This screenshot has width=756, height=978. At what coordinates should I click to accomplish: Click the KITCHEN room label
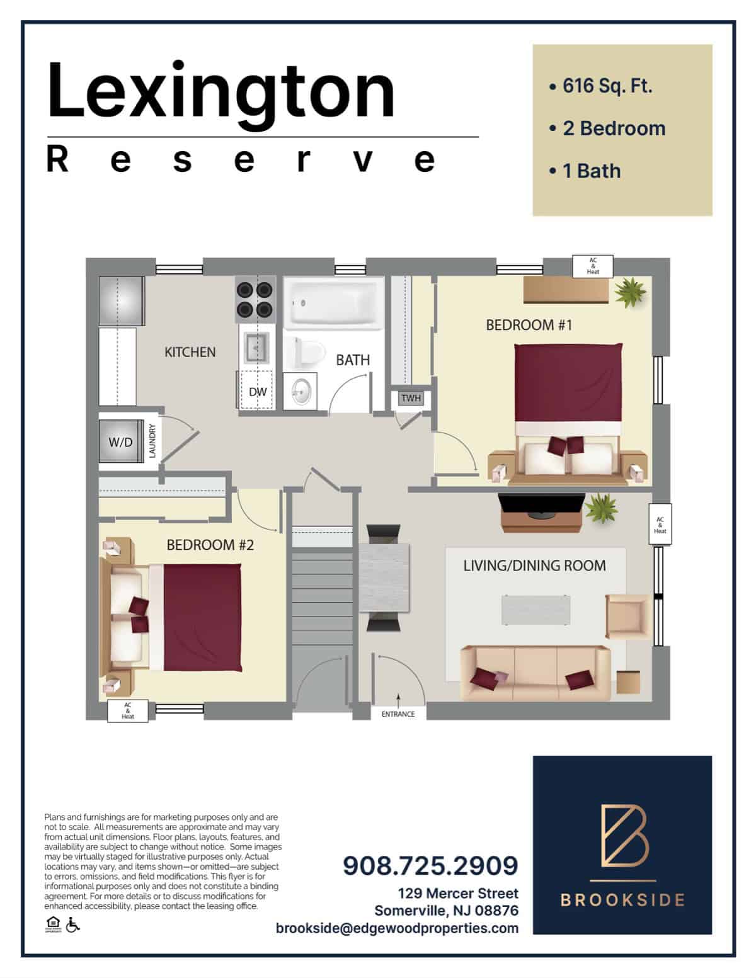pos(190,352)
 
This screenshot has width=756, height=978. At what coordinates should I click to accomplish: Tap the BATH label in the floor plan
pos(353,360)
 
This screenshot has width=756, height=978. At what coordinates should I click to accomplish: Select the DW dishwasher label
pos(258,392)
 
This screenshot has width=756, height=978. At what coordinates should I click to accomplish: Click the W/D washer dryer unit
pos(121,441)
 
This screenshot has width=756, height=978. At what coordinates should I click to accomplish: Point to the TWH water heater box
pos(411,398)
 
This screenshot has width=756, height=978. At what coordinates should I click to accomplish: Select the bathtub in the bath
pos(333,303)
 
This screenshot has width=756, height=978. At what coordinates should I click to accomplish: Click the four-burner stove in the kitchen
pos(255,299)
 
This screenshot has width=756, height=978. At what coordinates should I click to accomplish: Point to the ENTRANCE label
pos(398,714)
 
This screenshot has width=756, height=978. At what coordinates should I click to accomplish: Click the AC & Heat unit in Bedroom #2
pos(128,711)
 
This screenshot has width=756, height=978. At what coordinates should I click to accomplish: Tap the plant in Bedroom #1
pos(631,292)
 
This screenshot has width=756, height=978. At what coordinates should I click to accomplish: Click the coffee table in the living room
pos(536,610)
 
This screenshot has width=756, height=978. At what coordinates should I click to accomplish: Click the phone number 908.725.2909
pos(430,865)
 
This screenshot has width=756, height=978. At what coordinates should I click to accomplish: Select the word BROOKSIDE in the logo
pos(622,900)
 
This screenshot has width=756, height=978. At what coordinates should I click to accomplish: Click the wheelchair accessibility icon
pos(72,924)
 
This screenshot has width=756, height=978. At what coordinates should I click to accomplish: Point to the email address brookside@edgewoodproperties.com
pos(397,928)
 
